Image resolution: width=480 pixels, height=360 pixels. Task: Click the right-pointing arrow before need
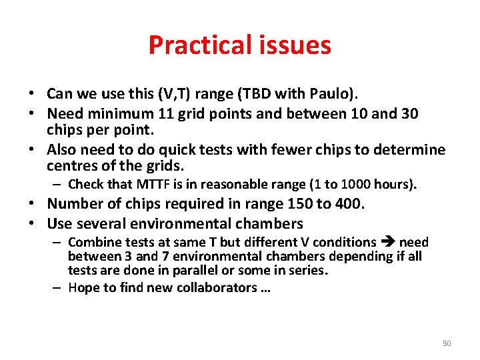click(x=388, y=242)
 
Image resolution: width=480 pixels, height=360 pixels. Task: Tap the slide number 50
click(x=447, y=343)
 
